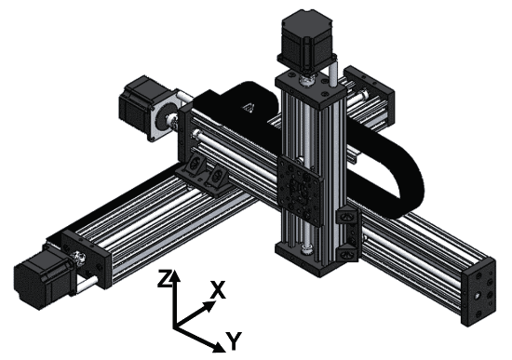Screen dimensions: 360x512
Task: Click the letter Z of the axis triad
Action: pos(164,278)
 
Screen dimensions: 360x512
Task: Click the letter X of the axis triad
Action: pos(218,290)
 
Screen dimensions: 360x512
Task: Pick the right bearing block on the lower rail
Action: pos(221,176)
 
